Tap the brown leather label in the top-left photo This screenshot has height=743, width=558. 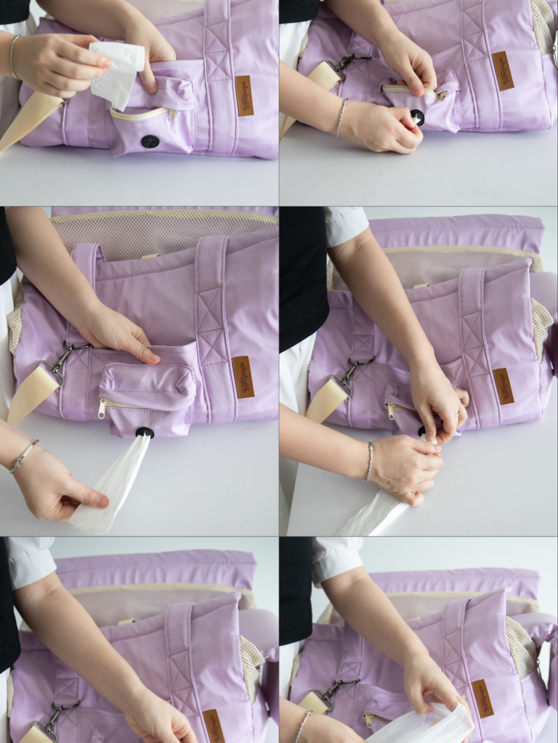click(242, 97)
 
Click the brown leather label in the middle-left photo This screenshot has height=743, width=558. click(241, 378)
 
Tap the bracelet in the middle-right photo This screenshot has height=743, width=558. click(370, 461)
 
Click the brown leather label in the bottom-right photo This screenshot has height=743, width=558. click(478, 700)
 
